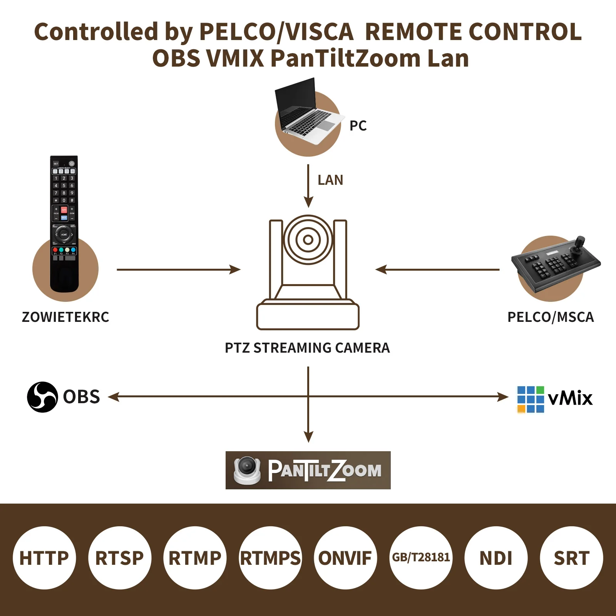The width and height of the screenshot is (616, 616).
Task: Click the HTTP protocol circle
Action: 44,558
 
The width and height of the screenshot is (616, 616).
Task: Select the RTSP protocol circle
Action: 120,558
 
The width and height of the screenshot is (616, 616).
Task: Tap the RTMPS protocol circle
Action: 270,558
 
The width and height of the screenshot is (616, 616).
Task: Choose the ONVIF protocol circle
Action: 345,558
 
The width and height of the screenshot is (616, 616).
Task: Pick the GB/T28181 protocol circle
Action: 421,558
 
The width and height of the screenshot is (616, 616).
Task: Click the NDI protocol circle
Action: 496,558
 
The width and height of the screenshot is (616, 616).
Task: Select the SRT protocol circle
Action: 571,558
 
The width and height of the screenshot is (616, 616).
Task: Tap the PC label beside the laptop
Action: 358,126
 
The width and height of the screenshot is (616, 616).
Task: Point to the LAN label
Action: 330,180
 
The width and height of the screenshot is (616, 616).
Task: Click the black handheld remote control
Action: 64,223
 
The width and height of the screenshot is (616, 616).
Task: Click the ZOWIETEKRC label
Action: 65,317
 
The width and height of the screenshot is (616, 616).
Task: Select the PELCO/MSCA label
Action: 551,317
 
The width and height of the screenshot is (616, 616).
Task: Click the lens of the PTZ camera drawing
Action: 308,240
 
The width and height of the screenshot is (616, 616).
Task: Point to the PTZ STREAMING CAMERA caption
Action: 307,348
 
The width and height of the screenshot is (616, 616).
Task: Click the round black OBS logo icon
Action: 42,397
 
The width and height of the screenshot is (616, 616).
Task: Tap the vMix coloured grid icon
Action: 531,399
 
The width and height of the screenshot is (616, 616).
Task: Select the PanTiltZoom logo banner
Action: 308,470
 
